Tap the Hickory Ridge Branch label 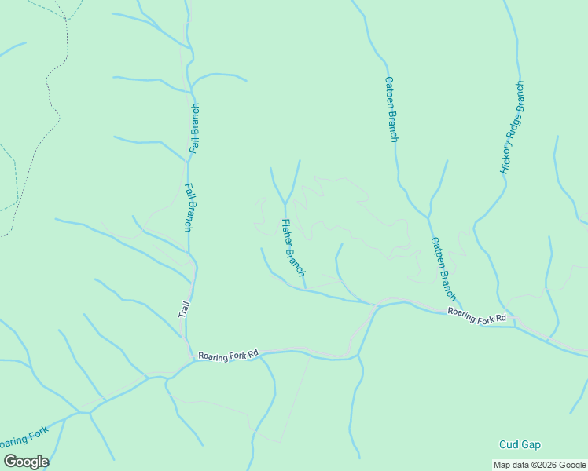512,127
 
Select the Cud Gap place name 520,445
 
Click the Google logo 26,461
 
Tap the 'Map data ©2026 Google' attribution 539,465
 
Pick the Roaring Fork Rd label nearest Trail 228,356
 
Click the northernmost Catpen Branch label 391,108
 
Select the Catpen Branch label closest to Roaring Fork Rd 443,269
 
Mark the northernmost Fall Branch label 194,127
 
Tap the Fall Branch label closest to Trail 189,208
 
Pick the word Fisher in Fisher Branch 287,232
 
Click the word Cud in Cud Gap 509,445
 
